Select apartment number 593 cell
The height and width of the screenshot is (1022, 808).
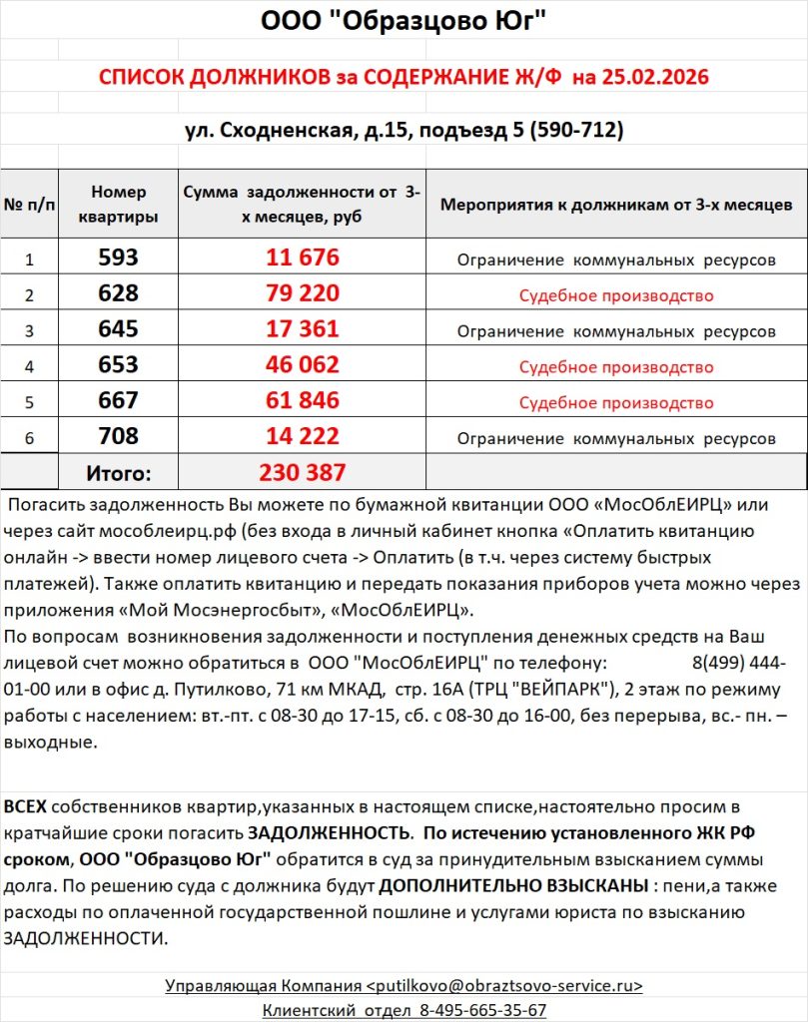[118, 257]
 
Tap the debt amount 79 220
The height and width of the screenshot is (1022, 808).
[303, 293]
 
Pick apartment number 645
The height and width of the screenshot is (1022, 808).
[118, 328]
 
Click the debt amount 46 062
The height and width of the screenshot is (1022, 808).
[303, 364]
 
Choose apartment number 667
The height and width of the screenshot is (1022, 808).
[118, 400]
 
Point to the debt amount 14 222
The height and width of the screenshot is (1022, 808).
[303, 436]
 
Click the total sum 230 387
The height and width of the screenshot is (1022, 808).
[303, 472]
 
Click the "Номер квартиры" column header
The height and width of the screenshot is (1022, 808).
[118, 204]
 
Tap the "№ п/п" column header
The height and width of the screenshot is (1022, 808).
[29, 205]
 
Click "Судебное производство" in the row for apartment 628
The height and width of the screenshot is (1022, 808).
[616, 295]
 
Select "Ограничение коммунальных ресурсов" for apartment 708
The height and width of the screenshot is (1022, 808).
[616, 438]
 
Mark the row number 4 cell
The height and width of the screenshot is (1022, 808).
[29, 366]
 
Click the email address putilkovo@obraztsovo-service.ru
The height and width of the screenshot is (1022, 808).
[506, 985]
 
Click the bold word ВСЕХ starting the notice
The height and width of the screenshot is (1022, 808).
[25, 805]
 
